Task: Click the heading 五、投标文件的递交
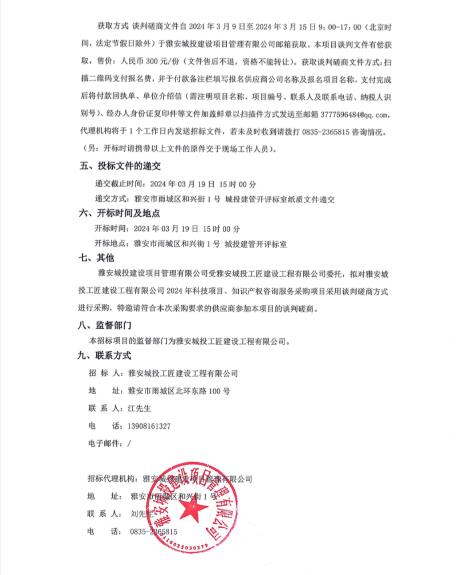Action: click(x=120, y=167)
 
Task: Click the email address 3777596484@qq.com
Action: click(x=358, y=114)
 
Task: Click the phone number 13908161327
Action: click(x=150, y=426)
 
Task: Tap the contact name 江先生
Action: click(x=139, y=409)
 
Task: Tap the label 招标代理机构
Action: click(x=112, y=478)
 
